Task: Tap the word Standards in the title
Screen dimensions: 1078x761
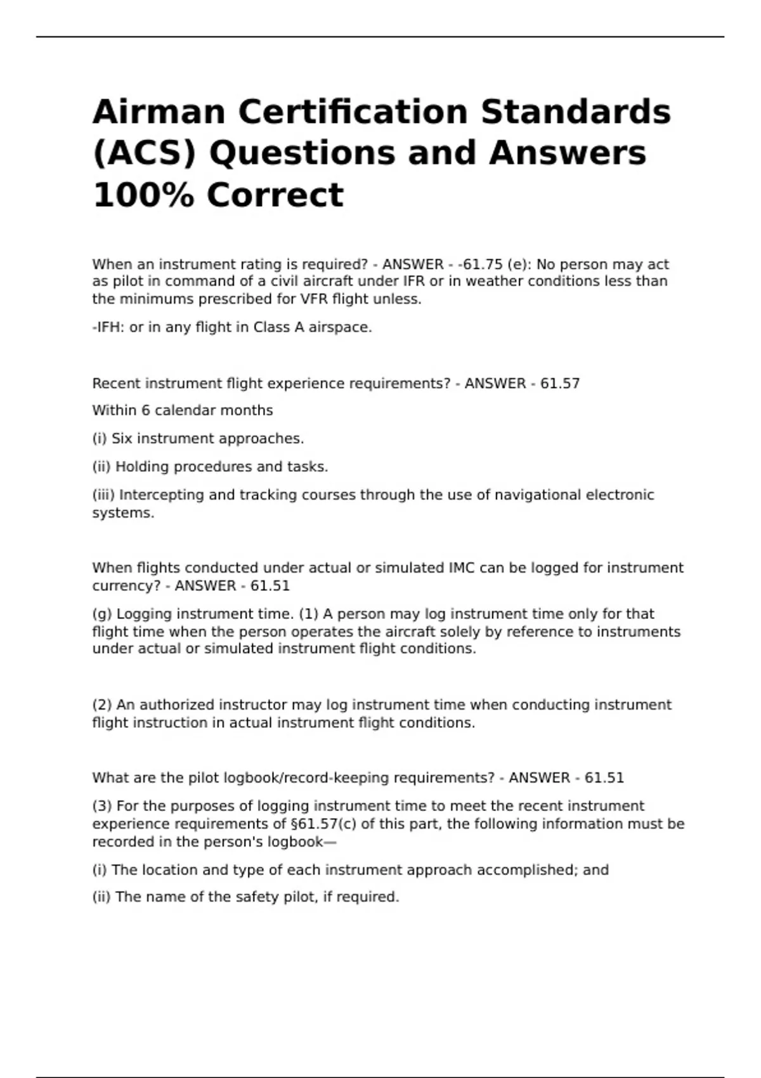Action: pos(575,112)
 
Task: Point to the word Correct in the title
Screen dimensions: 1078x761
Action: pos(275,195)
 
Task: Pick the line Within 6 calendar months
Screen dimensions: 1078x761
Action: pos(183,411)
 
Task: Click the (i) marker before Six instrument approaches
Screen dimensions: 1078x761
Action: pos(100,439)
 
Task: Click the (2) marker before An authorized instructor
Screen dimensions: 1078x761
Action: pos(102,705)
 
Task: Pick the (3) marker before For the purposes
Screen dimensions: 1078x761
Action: pos(102,806)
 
